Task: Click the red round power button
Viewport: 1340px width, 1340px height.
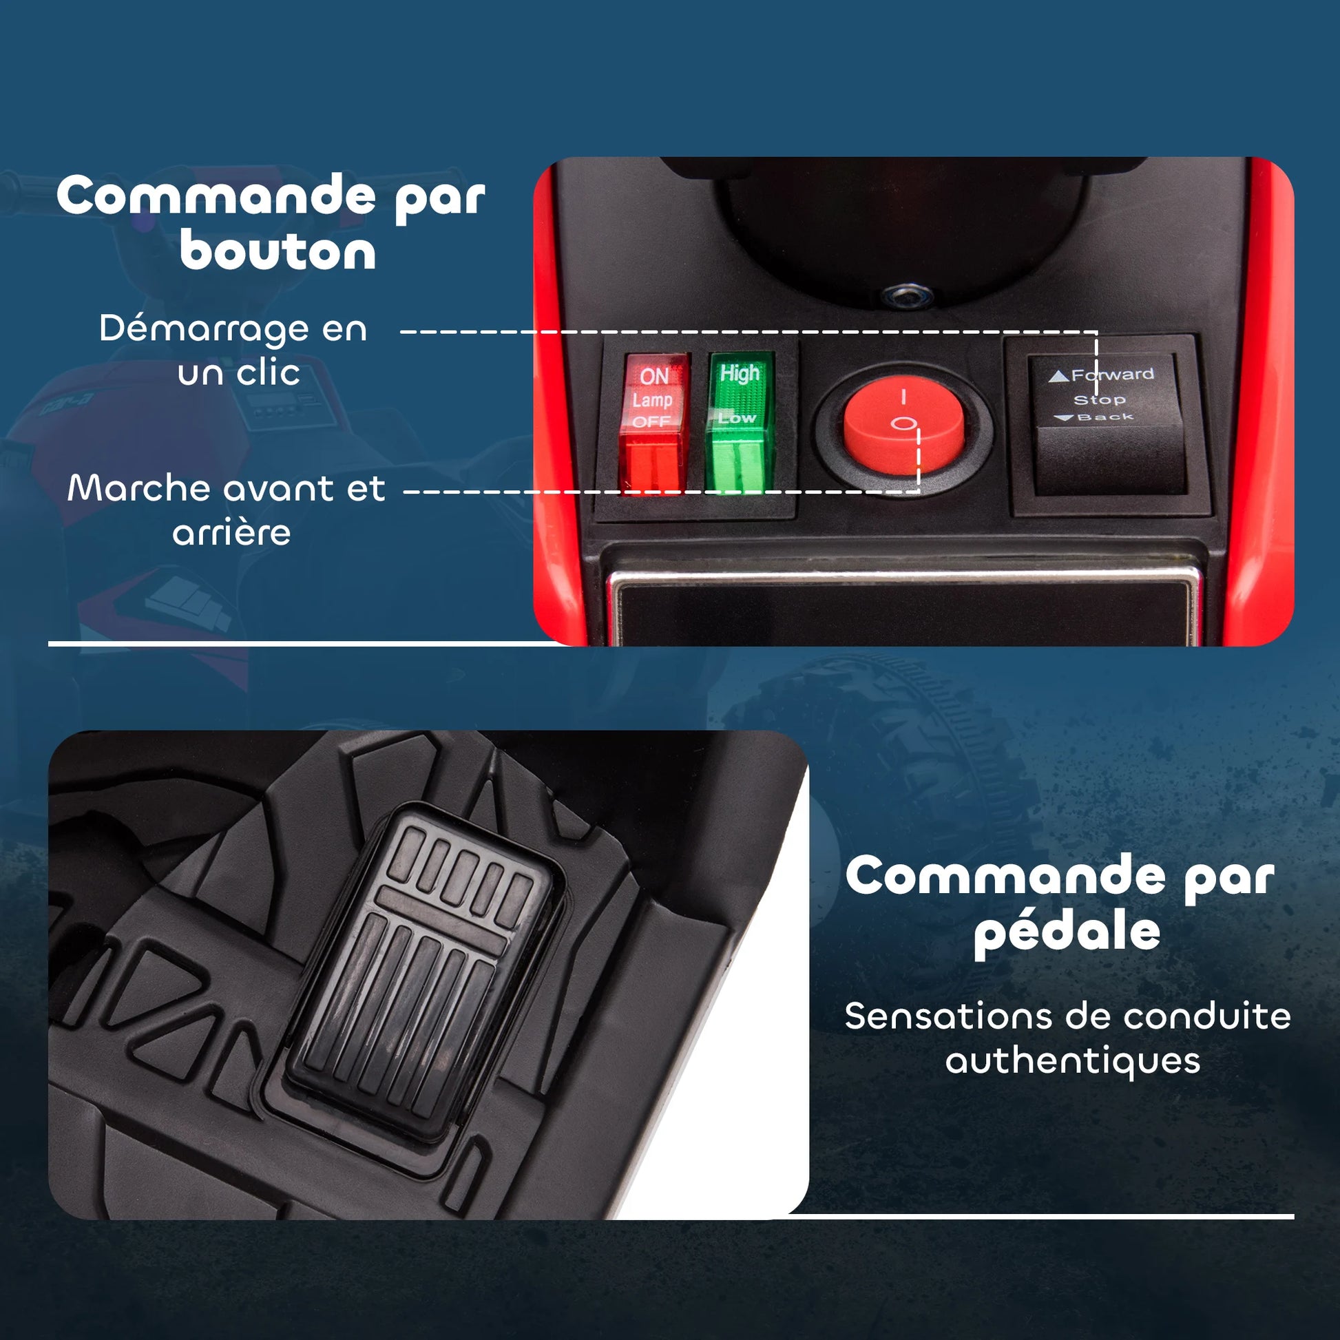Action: [x=903, y=425]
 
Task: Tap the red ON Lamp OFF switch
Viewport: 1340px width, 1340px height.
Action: [x=653, y=423]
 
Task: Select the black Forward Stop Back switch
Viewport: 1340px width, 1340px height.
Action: [x=1107, y=425]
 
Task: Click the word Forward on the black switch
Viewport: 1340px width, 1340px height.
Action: [x=1113, y=375]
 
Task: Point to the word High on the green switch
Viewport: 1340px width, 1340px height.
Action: [x=740, y=373]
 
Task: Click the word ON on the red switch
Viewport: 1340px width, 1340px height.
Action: [x=654, y=376]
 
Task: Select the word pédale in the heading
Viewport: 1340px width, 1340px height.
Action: [x=1067, y=932]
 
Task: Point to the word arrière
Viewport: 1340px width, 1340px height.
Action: [x=231, y=533]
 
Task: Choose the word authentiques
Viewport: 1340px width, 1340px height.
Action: [x=1073, y=1062]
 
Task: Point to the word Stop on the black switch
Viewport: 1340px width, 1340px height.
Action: [x=1099, y=399]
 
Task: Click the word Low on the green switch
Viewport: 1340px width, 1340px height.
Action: [x=737, y=417]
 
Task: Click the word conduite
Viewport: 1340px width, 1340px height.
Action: [x=1207, y=1016]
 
